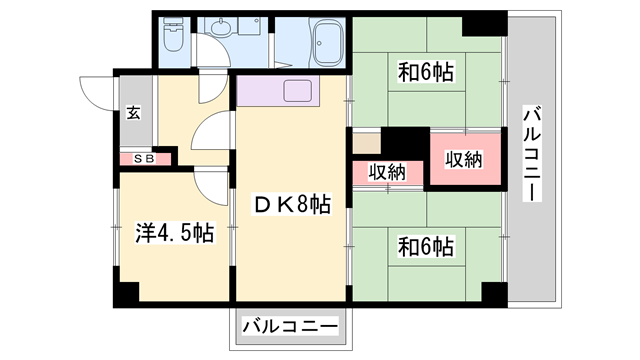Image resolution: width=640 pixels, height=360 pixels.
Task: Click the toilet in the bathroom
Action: (173, 34)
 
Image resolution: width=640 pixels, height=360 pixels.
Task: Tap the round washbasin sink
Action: (222, 28)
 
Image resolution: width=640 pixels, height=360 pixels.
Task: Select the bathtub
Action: (327, 43)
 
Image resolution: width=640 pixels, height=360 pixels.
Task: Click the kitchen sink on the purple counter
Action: (298, 91)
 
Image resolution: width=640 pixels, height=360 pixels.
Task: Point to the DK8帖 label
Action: (292, 204)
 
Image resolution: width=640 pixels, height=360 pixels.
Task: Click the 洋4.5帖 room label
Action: (175, 233)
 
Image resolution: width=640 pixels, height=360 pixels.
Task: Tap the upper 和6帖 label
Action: (426, 72)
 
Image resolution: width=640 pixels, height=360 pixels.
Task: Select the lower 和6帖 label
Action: (426, 247)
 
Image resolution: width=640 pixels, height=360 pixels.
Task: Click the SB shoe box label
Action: (144, 159)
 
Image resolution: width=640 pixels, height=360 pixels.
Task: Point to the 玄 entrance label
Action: (133, 112)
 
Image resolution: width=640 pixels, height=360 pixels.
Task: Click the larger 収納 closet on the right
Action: (465, 159)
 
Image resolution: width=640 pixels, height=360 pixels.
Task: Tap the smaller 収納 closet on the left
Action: (387, 173)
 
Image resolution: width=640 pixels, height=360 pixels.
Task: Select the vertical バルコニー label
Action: (532, 153)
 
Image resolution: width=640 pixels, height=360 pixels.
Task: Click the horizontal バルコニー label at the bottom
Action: (290, 327)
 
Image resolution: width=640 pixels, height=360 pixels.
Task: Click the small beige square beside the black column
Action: (367, 144)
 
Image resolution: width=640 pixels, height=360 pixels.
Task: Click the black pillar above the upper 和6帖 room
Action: (484, 25)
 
